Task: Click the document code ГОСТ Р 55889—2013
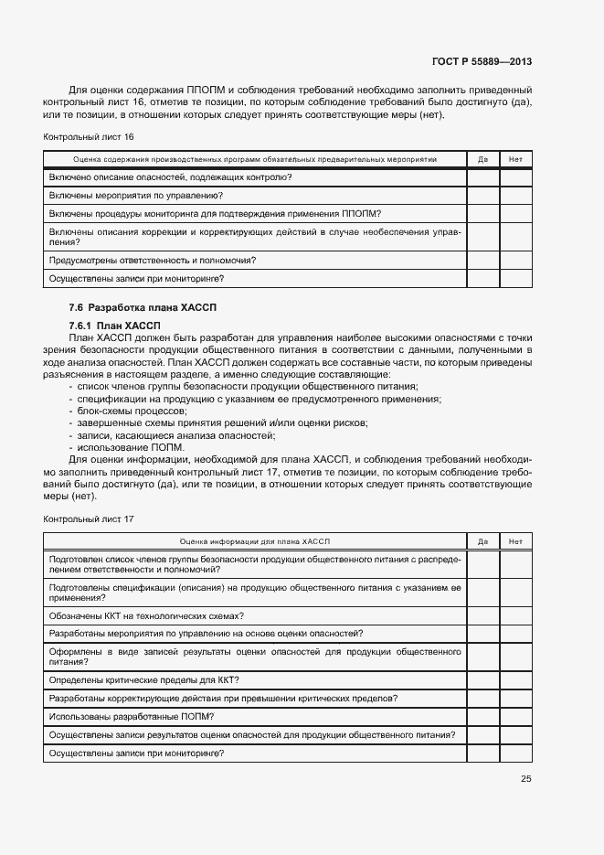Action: (482, 62)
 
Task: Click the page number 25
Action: (525, 779)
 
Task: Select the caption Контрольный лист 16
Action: (89, 136)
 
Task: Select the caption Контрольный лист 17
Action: (89, 518)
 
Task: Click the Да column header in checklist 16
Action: (482, 159)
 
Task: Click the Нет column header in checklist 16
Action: (515, 159)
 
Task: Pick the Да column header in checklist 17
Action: (482, 541)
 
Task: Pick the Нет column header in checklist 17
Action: (515, 541)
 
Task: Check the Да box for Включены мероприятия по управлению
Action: (482, 196)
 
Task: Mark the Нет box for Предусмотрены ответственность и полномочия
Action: (515, 261)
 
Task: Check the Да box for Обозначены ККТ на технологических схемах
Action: (482, 615)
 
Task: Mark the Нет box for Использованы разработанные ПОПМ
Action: (515, 716)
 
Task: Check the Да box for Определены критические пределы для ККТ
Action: (482, 679)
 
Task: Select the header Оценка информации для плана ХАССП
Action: (254, 541)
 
